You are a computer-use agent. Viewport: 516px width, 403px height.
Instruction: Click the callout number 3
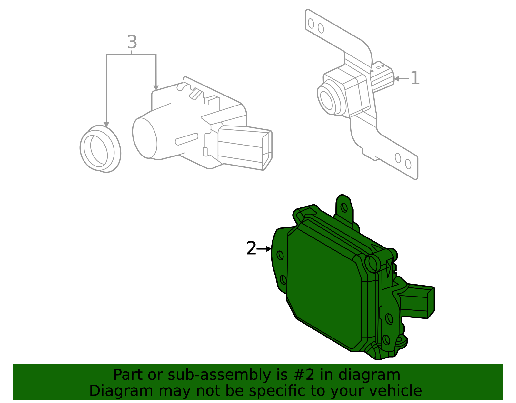coord(132,42)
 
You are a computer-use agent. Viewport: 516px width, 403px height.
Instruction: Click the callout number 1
coord(415,78)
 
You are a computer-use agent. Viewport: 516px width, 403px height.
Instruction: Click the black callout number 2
coord(251,248)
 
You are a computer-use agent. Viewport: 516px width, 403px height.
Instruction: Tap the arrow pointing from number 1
coord(402,78)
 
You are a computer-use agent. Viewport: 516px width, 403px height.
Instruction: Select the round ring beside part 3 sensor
coord(100,149)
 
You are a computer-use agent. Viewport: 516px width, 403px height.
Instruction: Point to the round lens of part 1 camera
coord(328,98)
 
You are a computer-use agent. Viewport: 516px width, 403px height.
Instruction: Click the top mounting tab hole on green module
coord(344,207)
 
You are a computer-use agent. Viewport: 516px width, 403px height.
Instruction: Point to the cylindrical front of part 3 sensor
coord(145,138)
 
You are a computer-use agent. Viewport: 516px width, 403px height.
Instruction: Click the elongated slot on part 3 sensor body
coord(186,139)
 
